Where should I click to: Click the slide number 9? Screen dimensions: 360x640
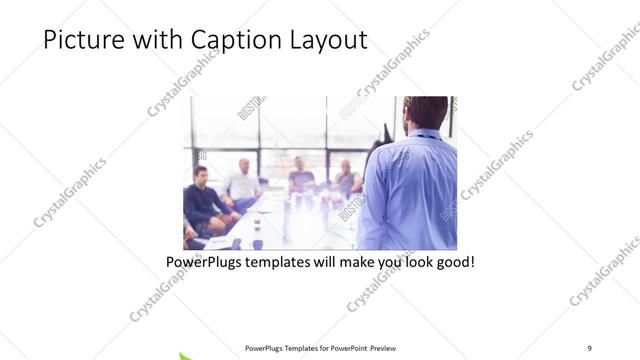(x=589, y=347)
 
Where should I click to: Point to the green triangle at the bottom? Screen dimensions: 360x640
(x=187, y=355)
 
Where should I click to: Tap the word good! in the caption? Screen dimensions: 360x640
(x=451, y=264)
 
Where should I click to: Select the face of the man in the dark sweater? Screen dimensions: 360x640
(x=200, y=175)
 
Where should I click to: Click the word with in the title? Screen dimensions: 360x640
(x=149, y=41)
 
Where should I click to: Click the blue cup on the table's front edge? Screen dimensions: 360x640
(x=257, y=243)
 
